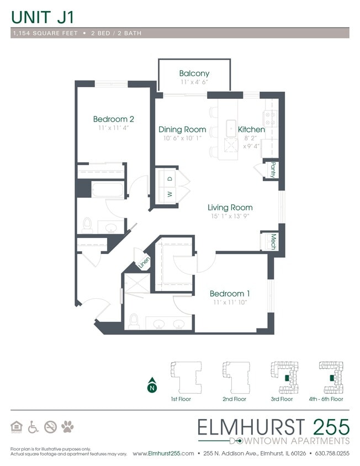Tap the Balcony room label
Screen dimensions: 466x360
pyautogui.click(x=194, y=73)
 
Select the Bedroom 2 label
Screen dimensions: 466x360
pyautogui.click(x=113, y=119)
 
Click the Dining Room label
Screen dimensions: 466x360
pyautogui.click(x=182, y=129)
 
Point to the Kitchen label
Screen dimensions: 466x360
pyautogui.click(x=251, y=129)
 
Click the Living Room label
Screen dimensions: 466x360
pyautogui.click(x=230, y=208)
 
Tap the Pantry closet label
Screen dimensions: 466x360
pyautogui.click(x=273, y=170)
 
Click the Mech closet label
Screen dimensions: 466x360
pyautogui.click(x=273, y=242)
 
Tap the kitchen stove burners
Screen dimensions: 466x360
pyautogui.click(x=271, y=117)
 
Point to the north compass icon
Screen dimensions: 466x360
pyautogui.click(x=151, y=387)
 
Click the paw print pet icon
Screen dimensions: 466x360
pyautogui.click(x=68, y=426)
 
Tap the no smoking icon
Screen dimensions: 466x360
pyautogui.click(x=50, y=426)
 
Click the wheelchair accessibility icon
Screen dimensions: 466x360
pyautogui.click(x=33, y=426)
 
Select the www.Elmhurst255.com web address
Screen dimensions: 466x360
pyautogui.click(x=163, y=453)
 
